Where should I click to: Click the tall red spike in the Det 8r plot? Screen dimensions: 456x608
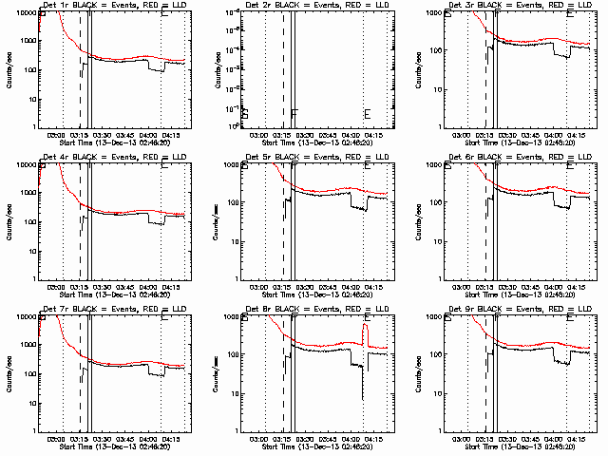pos(365,331)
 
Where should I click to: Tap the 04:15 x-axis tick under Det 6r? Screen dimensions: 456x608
pos(579,287)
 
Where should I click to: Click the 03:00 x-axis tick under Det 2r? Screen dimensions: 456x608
pos(257,135)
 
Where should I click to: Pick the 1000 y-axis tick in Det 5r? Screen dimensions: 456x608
pos(233,164)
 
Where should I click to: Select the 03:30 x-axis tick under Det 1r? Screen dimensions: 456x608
pos(101,135)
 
